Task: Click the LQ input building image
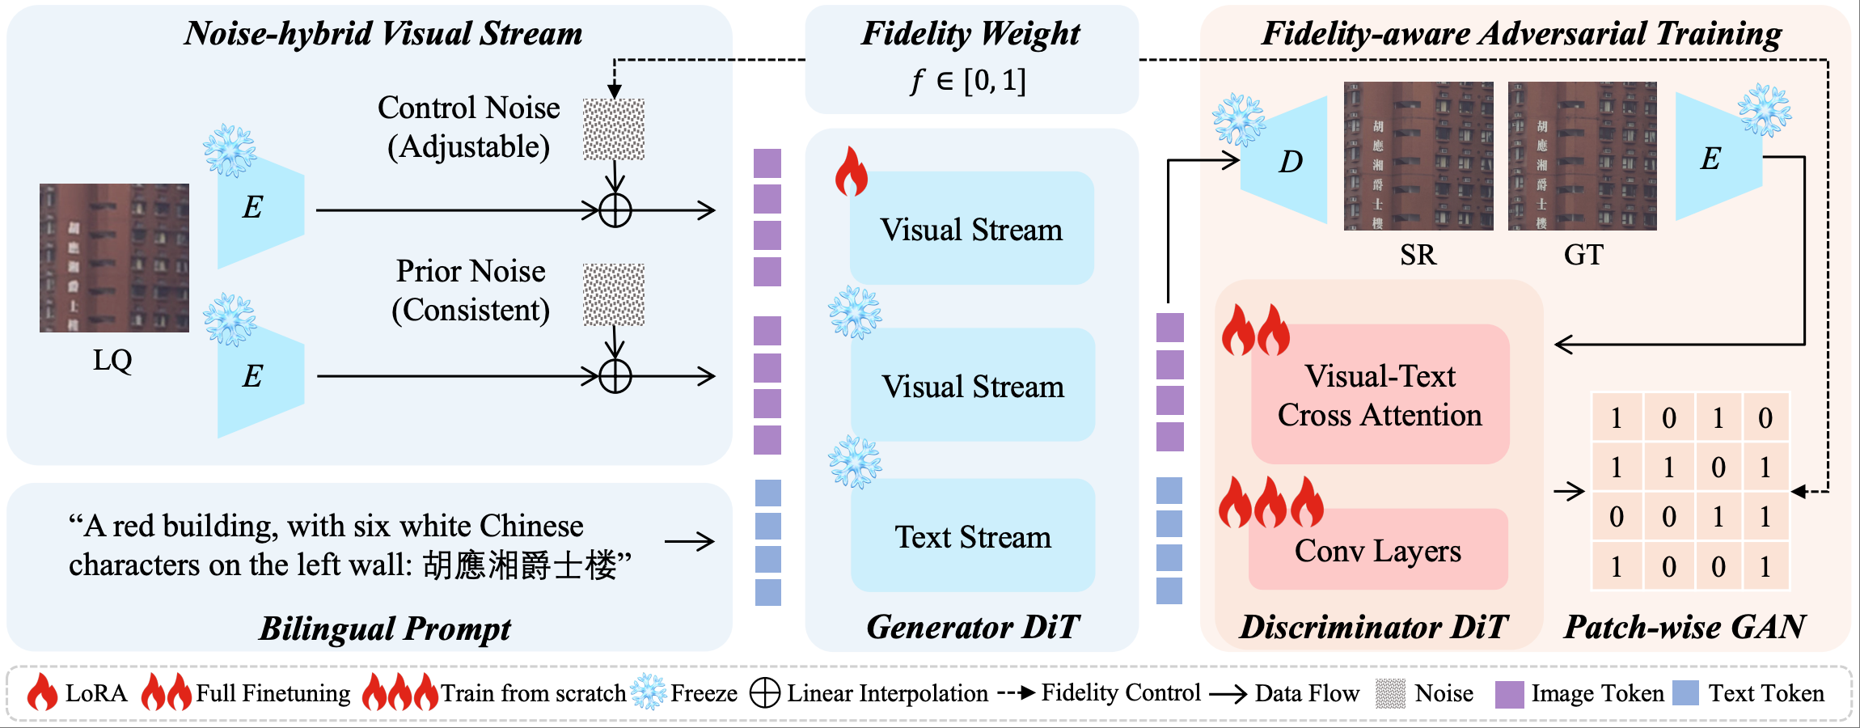(x=114, y=257)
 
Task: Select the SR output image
(x=1418, y=155)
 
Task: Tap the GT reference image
(x=1582, y=155)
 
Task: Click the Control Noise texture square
(x=614, y=129)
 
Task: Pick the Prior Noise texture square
(x=614, y=294)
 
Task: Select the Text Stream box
(x=973, y=536)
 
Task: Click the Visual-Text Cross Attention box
(x=1380, y=395)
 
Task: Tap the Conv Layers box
(x=1378, y=550)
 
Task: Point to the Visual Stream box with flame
(x=971, y=229)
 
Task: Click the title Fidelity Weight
(x=970, y=34)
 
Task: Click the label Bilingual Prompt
(x=385, y=629)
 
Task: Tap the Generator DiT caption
(x=973, y=627)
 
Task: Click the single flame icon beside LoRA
(x=42, y=693)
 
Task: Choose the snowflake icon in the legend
(x=648, y=693)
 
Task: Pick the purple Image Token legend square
(x=1509, y=694)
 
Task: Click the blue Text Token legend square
(x=1685, y=693)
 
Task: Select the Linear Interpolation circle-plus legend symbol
(x=764, y=693)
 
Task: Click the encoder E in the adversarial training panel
(x=1714, y=158)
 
